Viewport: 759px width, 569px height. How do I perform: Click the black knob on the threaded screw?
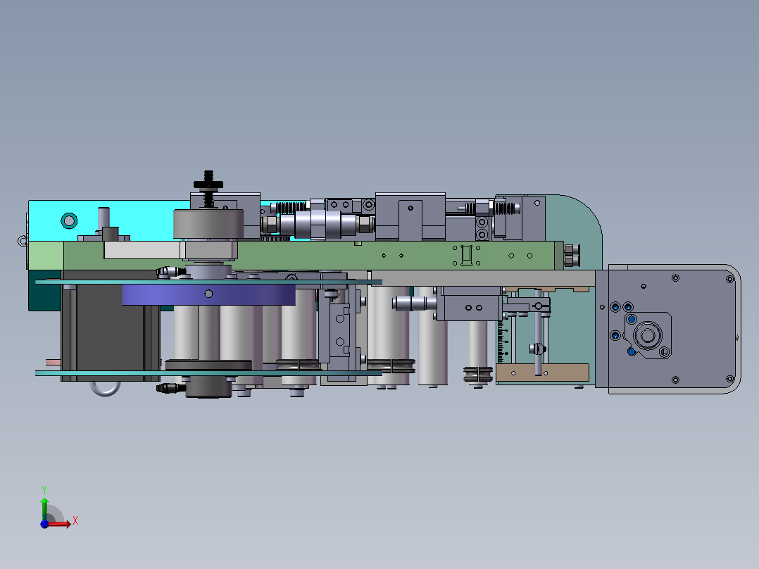point(208,185)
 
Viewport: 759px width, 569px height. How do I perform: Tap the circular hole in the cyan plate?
point(68,220)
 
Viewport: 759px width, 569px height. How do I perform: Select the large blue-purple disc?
point(208,294)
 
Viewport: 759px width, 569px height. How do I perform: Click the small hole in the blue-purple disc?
point(208,293)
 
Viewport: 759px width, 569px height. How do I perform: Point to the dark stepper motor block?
point(109,331)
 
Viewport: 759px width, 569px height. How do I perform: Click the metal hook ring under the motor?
point(104,388)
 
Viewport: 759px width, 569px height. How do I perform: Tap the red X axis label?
point(75,521)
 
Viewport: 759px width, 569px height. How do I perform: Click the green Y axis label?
point(44,488)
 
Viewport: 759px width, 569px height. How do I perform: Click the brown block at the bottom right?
point(542,373)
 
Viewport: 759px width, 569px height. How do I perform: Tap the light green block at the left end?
point(45,255)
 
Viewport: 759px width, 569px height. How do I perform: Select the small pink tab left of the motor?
point(53,363)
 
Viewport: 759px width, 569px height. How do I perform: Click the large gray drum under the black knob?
point(208,225)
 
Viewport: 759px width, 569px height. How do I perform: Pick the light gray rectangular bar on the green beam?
point(141,251)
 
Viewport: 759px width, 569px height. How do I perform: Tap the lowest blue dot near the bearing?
point(631,351)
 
